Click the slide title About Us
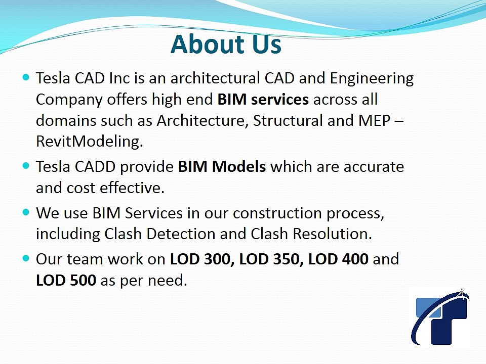click(226, 44)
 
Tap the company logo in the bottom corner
click(440, 317)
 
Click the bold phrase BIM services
click(263, 100)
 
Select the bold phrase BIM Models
click(222, 167)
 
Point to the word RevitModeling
click(89, 142)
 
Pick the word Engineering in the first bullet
click(372, 79)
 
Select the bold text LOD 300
click(201, 259)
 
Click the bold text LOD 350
click(271, 259)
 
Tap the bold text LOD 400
click(338, 259)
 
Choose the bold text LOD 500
click(66, 281)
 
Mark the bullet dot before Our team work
click(27, 259)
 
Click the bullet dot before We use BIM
click(27, 213)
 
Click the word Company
click(69, 100)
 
